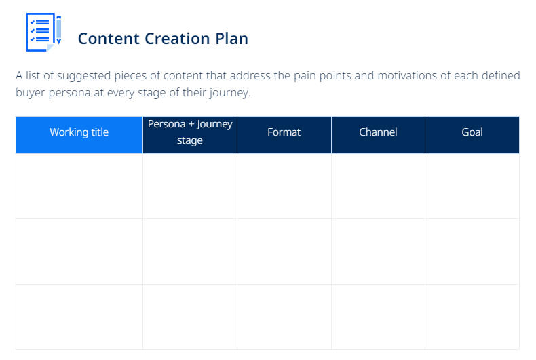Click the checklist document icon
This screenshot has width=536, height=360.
[x=40, y=32]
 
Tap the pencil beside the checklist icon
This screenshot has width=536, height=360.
[x=59, y=30]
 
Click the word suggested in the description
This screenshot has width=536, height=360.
[x=83, y=76]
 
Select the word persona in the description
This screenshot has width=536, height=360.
[x=69, y=93]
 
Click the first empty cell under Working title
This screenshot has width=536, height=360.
[x=79, y=186]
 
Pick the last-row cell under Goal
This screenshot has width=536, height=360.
[x=472, y=317]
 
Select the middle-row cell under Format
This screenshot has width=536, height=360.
[x=284, y=252]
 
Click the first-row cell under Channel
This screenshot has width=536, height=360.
[x=378, y=186]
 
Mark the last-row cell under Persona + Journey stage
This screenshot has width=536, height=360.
[x=190, y=317]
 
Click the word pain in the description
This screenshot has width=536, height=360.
[x=305, y=76]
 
